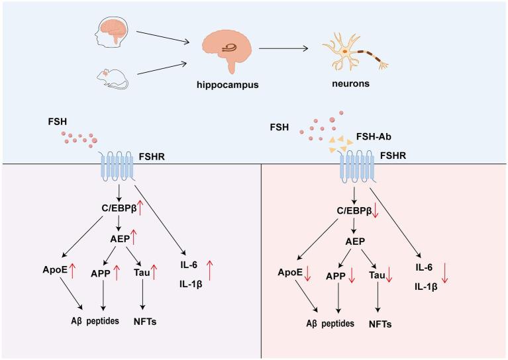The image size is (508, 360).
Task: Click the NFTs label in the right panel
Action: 378,325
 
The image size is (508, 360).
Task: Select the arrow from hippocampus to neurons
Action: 285,48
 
